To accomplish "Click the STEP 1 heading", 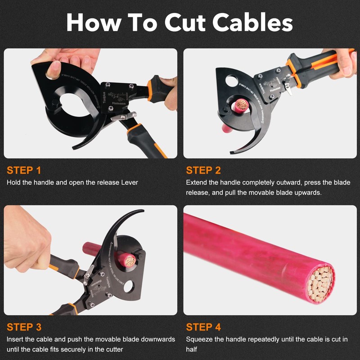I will point(24,170).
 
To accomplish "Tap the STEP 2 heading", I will point(203,170).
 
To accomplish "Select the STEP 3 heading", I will point(24,327).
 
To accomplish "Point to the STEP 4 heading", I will point(203,327).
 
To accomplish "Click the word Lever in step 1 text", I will point(129,183).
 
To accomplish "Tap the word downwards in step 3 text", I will point(154,339).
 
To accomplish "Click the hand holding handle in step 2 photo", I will point(344,63).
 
